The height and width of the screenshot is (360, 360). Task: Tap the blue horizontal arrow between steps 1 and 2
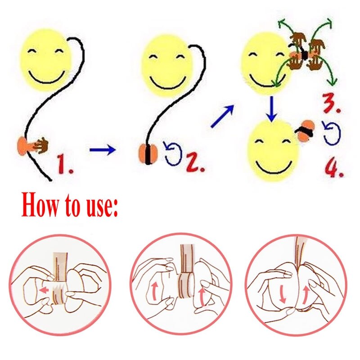point(103,150)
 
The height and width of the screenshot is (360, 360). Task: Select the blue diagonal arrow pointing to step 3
point(222,116)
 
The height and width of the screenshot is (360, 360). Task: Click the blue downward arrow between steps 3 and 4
point(272,109)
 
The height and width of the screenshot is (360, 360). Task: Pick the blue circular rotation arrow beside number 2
point(174,153)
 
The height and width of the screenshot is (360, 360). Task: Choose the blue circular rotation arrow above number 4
point(331,133)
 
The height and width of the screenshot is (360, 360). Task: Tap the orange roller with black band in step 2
point(148,154)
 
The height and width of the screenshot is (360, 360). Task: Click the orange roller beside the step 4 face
point(305,130)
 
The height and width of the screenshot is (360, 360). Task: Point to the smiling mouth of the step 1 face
point(47,77)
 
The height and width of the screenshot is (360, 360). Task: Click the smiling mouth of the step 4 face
point(274,168)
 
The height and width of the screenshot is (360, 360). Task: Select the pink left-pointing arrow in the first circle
point(44,290)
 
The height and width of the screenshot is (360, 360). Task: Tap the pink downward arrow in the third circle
point(283,295)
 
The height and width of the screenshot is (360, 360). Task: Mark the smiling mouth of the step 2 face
point(168,83)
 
